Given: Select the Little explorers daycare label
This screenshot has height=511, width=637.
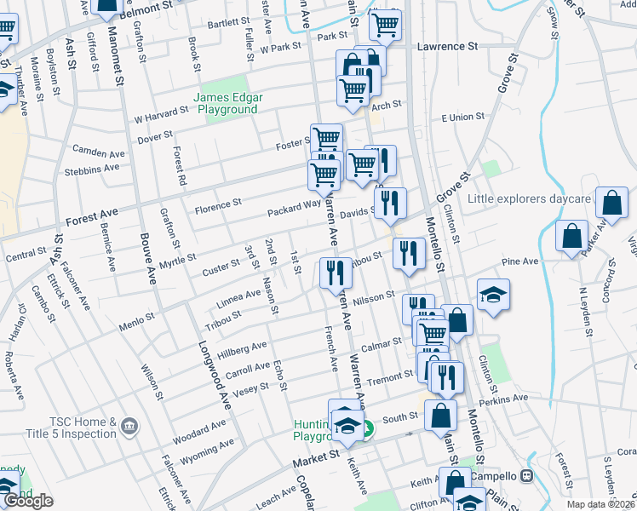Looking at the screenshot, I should coord(529,199).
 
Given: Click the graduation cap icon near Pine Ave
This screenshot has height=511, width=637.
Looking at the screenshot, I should coord(493,295).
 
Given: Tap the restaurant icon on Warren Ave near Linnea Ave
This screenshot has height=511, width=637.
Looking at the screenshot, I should coord(336,273).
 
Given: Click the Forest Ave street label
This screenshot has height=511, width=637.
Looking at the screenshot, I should coord(92,217).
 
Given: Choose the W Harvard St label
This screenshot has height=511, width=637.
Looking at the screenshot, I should coord(161,114).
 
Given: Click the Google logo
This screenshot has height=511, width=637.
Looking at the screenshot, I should coord(28,501).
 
